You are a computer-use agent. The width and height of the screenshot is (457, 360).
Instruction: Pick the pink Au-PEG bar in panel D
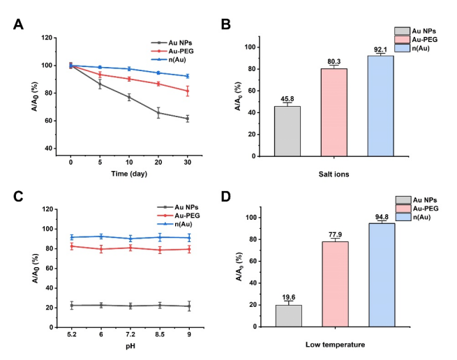[334, 284]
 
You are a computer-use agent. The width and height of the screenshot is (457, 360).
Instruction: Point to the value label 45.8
[287, 99]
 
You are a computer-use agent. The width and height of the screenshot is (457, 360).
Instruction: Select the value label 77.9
[334, 235]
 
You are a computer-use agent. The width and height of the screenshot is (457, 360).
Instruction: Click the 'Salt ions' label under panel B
[334, 174]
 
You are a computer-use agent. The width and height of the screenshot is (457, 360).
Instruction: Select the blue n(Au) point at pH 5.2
[71, 237]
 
